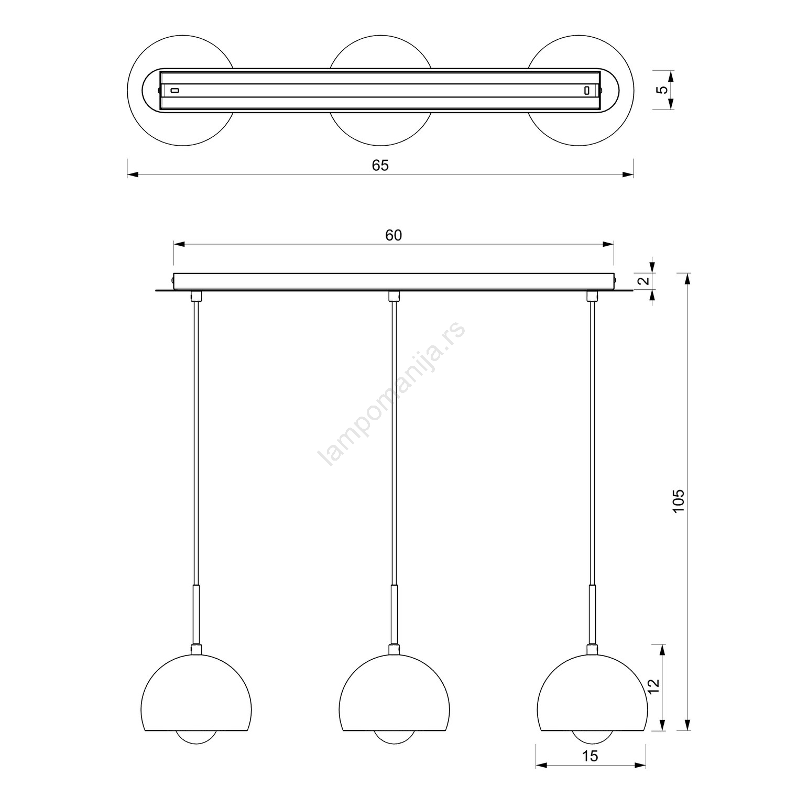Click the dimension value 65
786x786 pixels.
380,165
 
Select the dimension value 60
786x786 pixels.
394,235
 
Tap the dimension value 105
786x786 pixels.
678,501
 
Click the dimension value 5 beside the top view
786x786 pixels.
663,90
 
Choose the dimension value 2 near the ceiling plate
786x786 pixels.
646,281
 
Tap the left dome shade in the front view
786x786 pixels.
196,692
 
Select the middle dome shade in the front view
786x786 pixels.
394,692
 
